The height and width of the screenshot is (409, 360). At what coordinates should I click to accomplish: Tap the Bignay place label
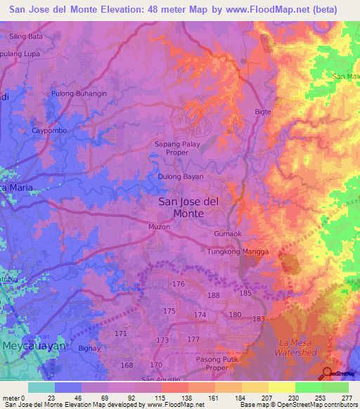click(x=89, y=348)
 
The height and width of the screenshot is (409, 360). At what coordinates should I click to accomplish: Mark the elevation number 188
click(x=213, y=296)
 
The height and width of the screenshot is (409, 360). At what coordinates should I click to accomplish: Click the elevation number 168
click(x=127, y=365)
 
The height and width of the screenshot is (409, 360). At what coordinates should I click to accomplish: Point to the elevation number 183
click(x=259, y=319)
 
